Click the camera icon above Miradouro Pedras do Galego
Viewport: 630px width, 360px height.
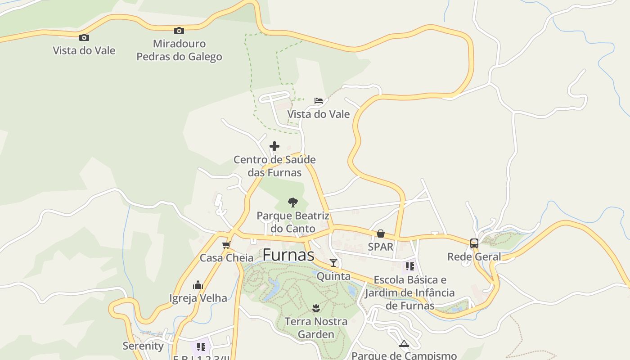(x=179, y=31)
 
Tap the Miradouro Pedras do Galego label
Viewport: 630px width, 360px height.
(x=179, y=50)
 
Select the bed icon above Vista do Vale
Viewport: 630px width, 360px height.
(x=319, y=101)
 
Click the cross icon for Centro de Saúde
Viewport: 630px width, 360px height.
(x=274, y=146)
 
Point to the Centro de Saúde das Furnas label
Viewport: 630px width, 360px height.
(x=274, y=166)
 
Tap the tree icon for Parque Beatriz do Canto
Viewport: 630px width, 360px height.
(x=293, y=202)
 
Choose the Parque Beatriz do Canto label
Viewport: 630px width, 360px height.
(x=293, y=222)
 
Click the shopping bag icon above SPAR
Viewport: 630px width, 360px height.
(x=381, y=234)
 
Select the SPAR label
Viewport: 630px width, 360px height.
(x=381, y=247)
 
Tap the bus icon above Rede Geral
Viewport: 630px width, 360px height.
(x=474, y=243)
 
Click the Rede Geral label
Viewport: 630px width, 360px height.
(x=474, y=256)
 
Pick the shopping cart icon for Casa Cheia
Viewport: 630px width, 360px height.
(x=226, y=245)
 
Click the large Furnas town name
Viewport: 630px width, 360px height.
(x=288, y=255)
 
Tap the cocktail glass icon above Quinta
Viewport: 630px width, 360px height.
(x=333, y=263)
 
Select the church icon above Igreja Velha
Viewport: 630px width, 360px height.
(x=198, y=285)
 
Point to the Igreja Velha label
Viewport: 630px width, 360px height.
(x=198, y=298)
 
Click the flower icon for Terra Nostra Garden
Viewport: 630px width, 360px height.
(x=316, y=308)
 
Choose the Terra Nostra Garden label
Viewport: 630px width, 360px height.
(x=316, y=328)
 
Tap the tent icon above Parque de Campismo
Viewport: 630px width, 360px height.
(x=404, y=344)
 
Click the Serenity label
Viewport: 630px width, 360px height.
(x=143, y=346)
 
